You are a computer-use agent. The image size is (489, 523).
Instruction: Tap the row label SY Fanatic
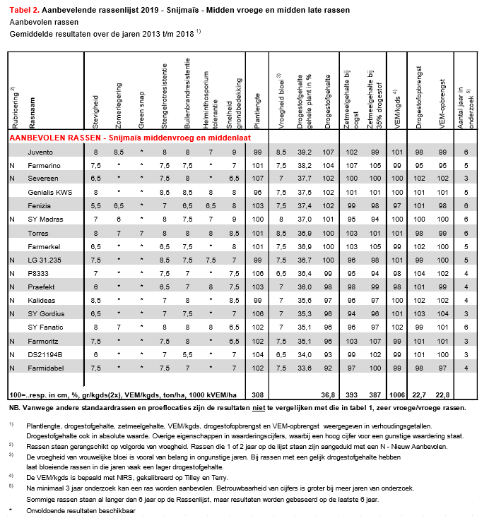(44, 327)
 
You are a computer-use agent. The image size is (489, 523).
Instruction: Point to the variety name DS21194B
(44, 354)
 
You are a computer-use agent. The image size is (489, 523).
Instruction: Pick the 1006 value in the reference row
(396, 395)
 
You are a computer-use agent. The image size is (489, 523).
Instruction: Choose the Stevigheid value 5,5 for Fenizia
(96, 206)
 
